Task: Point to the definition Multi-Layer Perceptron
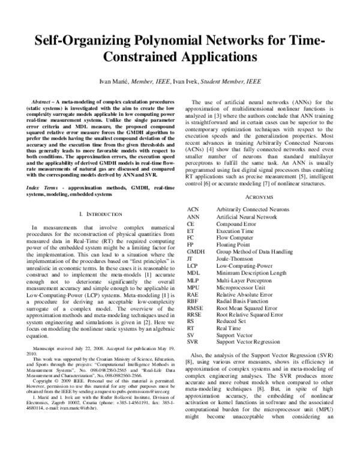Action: [x=247, y=281]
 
